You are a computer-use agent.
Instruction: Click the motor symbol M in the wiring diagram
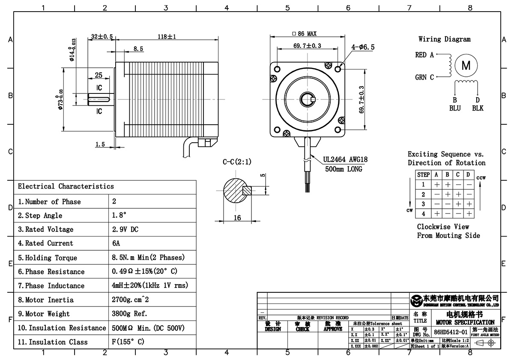(466, 66)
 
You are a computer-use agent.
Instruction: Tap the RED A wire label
(424, 55)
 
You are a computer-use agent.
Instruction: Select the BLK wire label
(478, 108)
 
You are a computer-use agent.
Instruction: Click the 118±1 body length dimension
(167, 37)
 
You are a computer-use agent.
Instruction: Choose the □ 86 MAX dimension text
(304, 34)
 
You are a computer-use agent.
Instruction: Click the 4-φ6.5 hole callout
(363, 48)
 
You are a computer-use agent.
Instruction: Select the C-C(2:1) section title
(237, 162)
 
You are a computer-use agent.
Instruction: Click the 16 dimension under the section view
(237, 218)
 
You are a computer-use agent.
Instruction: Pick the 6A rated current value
(116, 243)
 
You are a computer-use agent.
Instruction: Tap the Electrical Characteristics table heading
(66, 186)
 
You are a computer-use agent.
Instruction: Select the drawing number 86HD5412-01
(450, 332)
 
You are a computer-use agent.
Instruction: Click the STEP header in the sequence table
(423, 175)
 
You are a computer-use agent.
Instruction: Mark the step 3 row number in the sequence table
(423, 204)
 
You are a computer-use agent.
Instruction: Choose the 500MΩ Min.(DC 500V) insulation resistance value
(147, 328)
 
